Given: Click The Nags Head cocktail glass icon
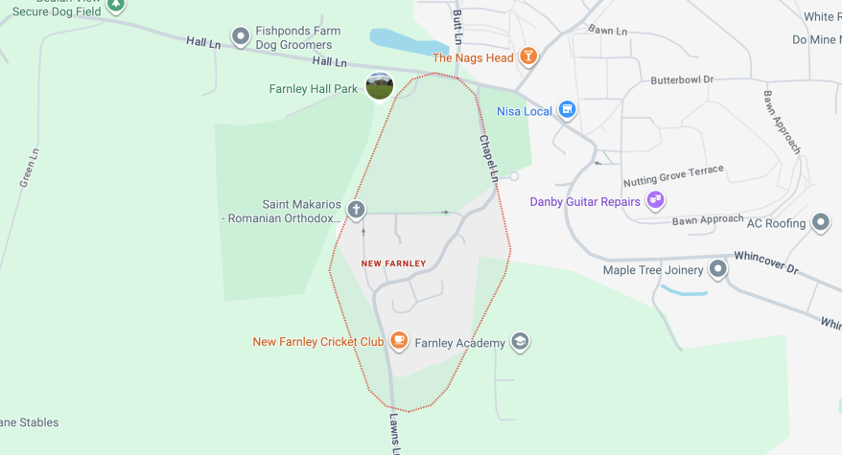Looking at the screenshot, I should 526,57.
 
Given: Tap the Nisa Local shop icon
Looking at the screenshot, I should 567,110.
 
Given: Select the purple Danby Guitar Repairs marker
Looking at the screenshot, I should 656,201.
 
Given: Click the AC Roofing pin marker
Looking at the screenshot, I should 820,222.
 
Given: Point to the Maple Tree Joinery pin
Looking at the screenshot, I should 717,269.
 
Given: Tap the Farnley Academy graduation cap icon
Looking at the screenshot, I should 520,342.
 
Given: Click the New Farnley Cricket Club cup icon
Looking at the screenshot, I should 399,341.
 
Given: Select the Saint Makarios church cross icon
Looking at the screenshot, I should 356,210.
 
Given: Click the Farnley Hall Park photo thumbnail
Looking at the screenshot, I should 380,86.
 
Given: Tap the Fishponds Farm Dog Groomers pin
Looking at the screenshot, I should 241,37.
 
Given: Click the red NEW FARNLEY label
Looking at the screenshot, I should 393,263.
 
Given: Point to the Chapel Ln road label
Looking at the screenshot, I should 489,157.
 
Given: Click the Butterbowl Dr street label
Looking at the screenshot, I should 682,80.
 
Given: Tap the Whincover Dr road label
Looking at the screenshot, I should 765,262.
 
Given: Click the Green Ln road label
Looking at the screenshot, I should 30,167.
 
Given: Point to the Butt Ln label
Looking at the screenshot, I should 457,27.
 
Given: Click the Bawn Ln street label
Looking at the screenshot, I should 607,31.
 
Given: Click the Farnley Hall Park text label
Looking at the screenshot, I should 314,89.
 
